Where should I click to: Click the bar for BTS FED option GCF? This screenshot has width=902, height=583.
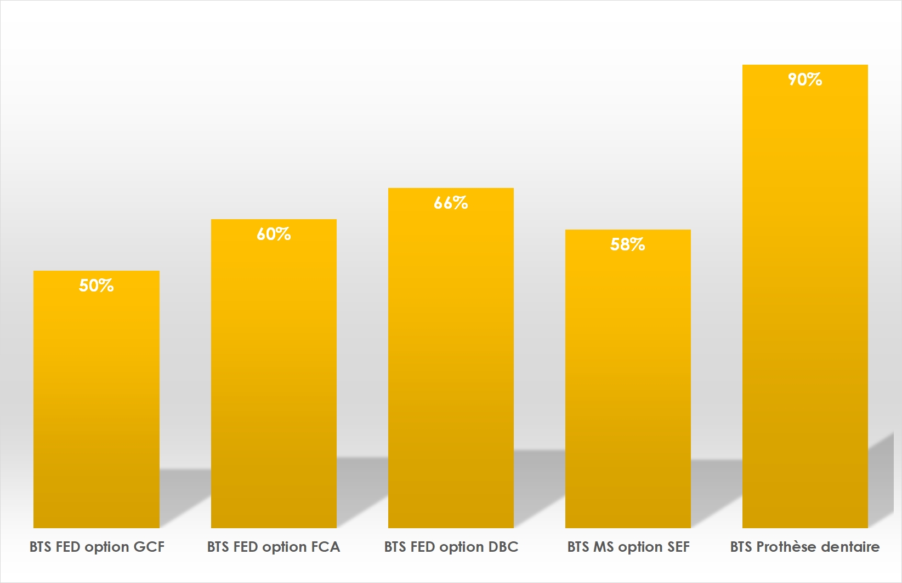coord(97,400)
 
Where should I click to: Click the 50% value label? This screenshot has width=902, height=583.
coord(97,285)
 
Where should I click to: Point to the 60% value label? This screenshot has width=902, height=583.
coord(274,235)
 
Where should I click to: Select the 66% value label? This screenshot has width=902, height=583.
coord(451,203)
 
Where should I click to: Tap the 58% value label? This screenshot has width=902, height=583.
coord(628,244)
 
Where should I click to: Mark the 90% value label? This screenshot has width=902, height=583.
coord(805,80)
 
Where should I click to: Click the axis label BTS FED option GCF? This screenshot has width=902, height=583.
coord(97,547)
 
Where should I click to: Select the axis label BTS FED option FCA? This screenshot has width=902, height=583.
coord(274,547)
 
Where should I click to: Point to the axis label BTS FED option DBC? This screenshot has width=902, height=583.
coord(451,547)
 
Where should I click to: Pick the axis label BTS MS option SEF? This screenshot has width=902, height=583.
coord(628,547)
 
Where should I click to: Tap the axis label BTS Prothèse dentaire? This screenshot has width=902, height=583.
coord(805,547)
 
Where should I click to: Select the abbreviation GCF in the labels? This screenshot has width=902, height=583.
coord(149,547)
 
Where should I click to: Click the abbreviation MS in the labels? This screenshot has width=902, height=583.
coord(603,547)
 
